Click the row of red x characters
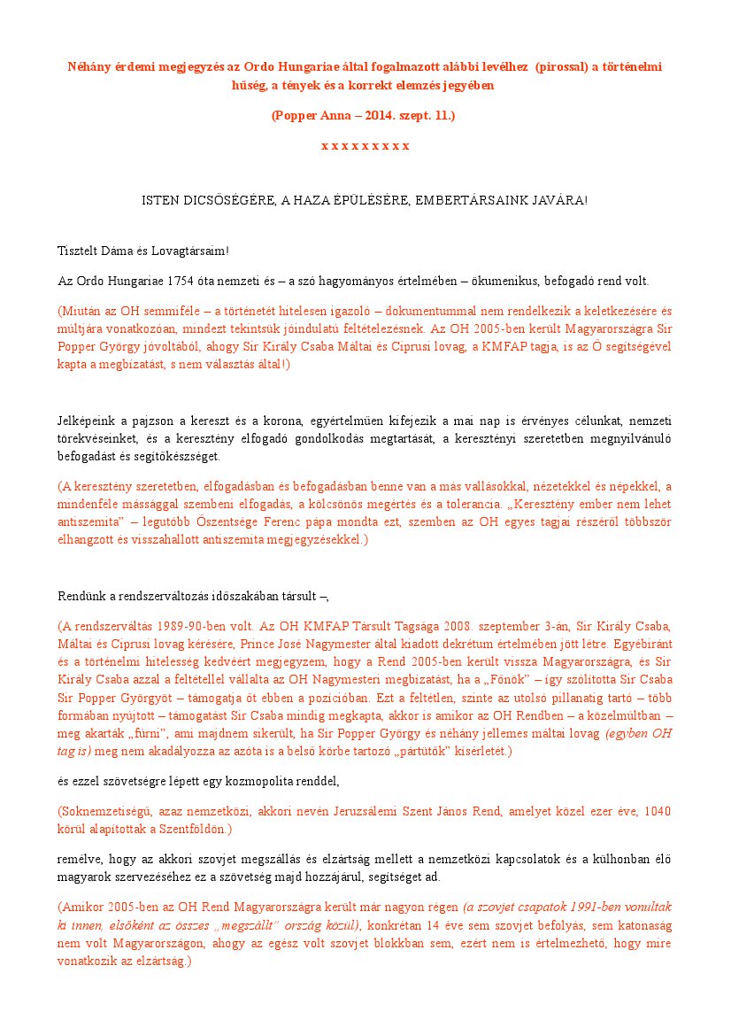365,145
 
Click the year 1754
181,282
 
